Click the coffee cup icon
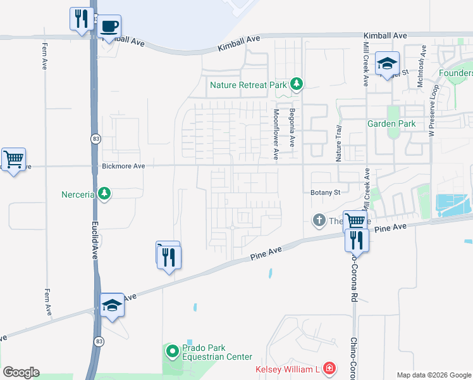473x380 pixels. point(109,26)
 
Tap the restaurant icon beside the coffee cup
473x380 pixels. point(80,18)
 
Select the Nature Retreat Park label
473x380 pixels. point(248,84)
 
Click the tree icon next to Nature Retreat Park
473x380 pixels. point(296,84)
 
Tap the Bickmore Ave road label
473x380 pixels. point(123,166)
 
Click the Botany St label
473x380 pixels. point(326,192)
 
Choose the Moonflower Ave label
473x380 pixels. point(276,134)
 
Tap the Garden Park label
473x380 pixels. point(391,123)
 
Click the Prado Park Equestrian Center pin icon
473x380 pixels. point(171,350)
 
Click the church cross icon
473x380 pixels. point(319,220)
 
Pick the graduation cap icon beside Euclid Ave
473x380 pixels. point(112,305)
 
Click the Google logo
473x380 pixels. point(21,372)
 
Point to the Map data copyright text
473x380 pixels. point(433,375)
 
